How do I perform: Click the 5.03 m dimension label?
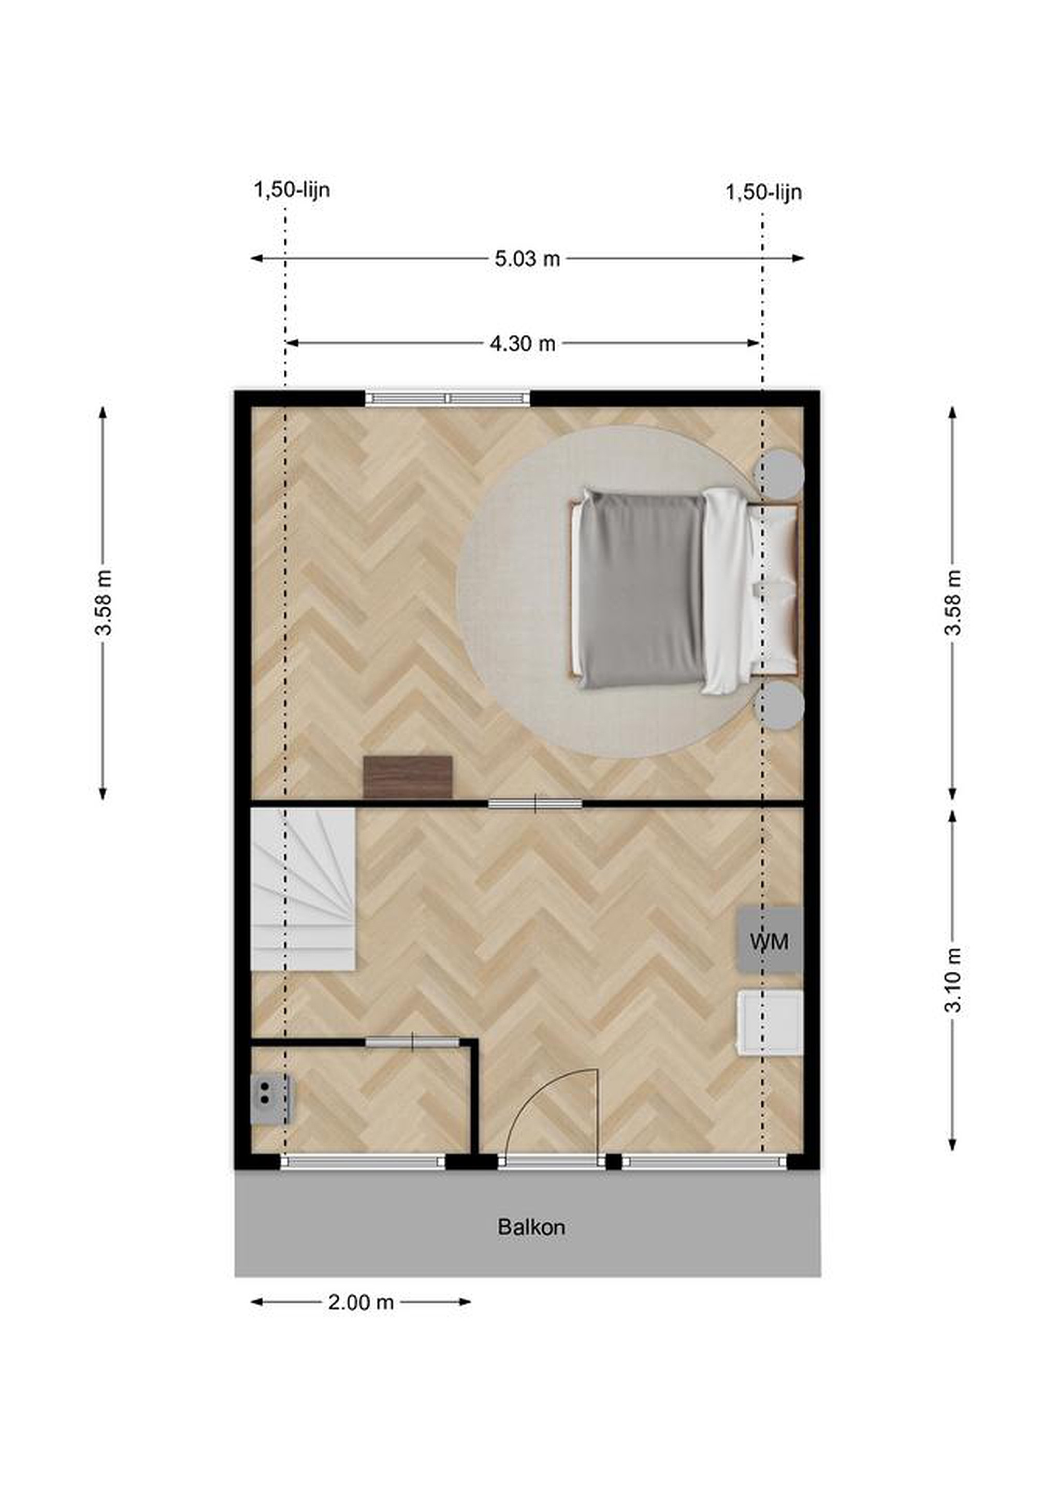(x=527, y=258)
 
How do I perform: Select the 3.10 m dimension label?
(x=953, y=981)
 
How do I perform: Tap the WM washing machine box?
(x=769, y=941)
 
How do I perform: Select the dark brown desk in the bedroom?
(x=408, y=777)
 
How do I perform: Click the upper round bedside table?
(x=778, y=475)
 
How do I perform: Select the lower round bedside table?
(x=778, y=705)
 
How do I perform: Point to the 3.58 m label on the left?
(x=103, y=602)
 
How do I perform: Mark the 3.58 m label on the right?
(x=953, y=602)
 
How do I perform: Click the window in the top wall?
(x=447, y=398)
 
